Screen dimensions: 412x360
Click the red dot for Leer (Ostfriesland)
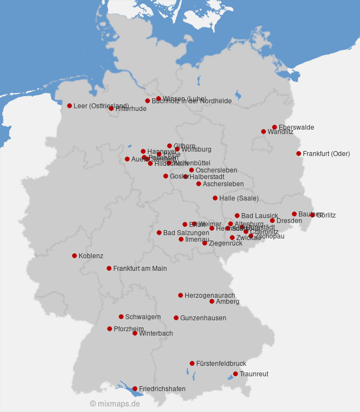[x=69, y=105]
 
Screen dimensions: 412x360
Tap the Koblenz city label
[x=91, y=256]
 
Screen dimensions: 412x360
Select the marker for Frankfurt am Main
[x=109, y=268]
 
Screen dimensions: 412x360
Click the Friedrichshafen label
[x=162, y=389]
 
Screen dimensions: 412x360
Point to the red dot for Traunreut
[x=235, y=374]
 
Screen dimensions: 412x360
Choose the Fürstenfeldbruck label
[x=221, y=364]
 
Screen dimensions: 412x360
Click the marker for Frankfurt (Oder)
[x=298, y=153]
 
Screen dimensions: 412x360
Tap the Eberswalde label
[x=296, y=127]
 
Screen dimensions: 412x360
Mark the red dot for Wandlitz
[x=263, y=131]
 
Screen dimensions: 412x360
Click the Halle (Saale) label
[x=239, y=198]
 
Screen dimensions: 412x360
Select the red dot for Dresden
[x=272, y=220]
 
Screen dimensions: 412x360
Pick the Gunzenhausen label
[x=203, y=318]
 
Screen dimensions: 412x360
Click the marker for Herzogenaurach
[x=180, y=295]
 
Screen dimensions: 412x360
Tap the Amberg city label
[x=228, y=302]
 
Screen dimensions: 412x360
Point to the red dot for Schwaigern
[x=121, y=316]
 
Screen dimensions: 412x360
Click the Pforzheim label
[x=129, y=329]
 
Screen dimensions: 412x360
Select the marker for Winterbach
[x=135, y=333]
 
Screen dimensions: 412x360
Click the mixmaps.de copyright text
[x=115, y=404]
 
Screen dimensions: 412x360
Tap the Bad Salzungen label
[x=186, y=233]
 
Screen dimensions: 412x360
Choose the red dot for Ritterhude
[x=111, y=108]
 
